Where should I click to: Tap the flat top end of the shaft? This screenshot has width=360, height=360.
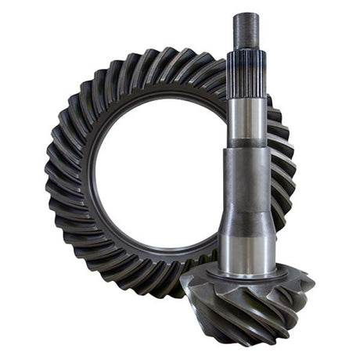[x=245, y=14]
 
